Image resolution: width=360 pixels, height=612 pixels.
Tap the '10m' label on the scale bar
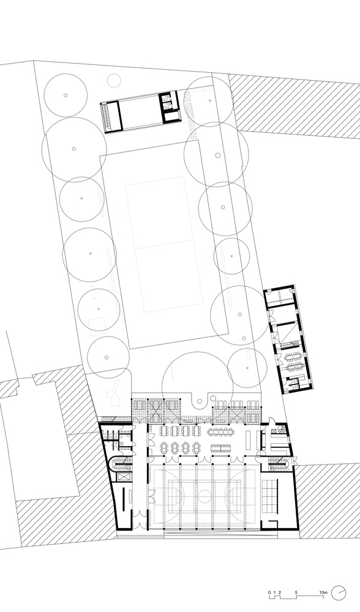point(323,592)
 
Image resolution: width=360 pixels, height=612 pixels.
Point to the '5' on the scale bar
point(296,592)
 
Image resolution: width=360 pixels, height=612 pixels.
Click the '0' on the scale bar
point(268,592)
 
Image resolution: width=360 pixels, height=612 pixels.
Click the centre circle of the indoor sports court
point(203,497)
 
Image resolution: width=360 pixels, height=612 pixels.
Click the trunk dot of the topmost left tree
point(66,95)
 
